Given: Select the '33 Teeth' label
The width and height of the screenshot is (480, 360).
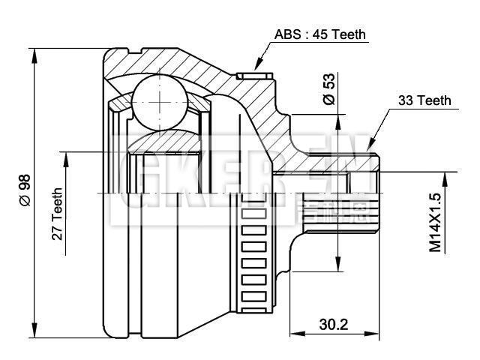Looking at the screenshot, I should [x=424, y=100].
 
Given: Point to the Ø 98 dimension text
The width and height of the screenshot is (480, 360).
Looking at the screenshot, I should [x=24, y=190].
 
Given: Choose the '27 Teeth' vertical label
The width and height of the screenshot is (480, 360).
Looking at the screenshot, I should [x=57, y=213].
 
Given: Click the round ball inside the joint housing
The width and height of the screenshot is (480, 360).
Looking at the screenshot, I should [x=159, y=98].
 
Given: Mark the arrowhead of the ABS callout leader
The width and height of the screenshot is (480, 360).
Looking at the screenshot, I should [x=257, y=68].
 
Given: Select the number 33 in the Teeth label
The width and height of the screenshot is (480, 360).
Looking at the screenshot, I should [x=406, y=100].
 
